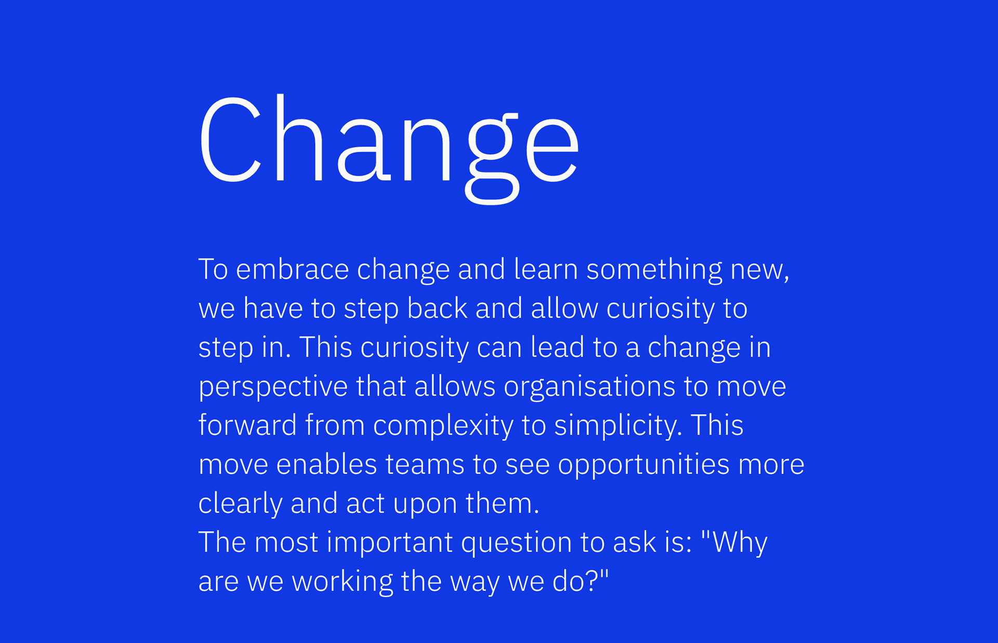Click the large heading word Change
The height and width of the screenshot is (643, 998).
(x=389, y=148)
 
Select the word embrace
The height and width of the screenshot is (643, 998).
(x=292, y=269)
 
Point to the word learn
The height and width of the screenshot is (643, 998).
(x=546, y=269)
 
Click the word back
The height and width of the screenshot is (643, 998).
(x=437, y=308)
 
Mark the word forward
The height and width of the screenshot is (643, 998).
(x=247, y=425)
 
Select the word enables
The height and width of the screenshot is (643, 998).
(x=326, y=464)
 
